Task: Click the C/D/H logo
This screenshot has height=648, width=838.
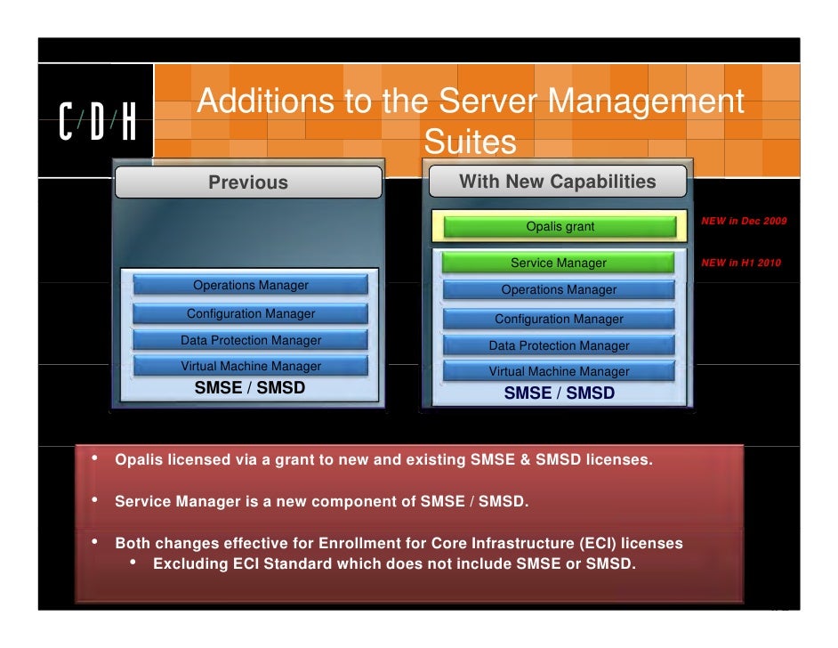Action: pyautogui.click(x=98, y=122)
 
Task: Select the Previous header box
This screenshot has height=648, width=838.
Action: pyautogui.click(x=248, y=182)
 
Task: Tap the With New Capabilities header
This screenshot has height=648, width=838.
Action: pyautogui.click(x=557, y=182)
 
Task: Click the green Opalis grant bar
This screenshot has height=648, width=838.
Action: pyautogui.click(x=560, y=227)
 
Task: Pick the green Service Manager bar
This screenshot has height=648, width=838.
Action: pyautogui.click(x=558, y=263)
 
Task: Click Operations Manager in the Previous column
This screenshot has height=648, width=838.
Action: pyautogui.click(x=251, y=286)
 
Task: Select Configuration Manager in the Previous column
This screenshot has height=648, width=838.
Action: pyautogui.click(x=251, y=313)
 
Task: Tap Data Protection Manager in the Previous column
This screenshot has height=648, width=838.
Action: pyautogui.click(x=251, y=340)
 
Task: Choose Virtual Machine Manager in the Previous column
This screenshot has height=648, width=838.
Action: pyautogui.click(x=251, y=366)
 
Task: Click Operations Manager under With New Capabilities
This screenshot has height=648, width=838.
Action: pyautogui.click(x=559, y=289)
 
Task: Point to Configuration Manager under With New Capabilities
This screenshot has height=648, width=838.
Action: pyautogui.click(x=559, y=319)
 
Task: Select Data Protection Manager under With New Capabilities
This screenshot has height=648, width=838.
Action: pyautogui.click(x=559, y=345)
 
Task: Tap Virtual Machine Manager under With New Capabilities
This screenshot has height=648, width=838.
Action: pyautogui.click(x=559, y=371)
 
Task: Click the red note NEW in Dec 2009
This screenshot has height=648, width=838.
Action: pyautogui.click(x=744, y=221)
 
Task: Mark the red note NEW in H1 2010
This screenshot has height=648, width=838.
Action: pyautogui.click(x=742, y=263)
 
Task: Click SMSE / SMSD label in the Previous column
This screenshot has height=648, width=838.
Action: pyautogui.click(x=250, y=387)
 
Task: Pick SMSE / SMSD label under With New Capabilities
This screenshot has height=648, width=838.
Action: pyautogui.click(x=559, y=393)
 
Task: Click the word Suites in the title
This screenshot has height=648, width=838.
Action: pyautogui.click(x=470, y=142)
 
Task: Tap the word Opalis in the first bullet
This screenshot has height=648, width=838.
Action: pyautogui.click(x=139, y=460)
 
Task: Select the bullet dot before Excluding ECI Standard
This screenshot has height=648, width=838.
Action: pyautogui.click(x=133, y=563)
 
